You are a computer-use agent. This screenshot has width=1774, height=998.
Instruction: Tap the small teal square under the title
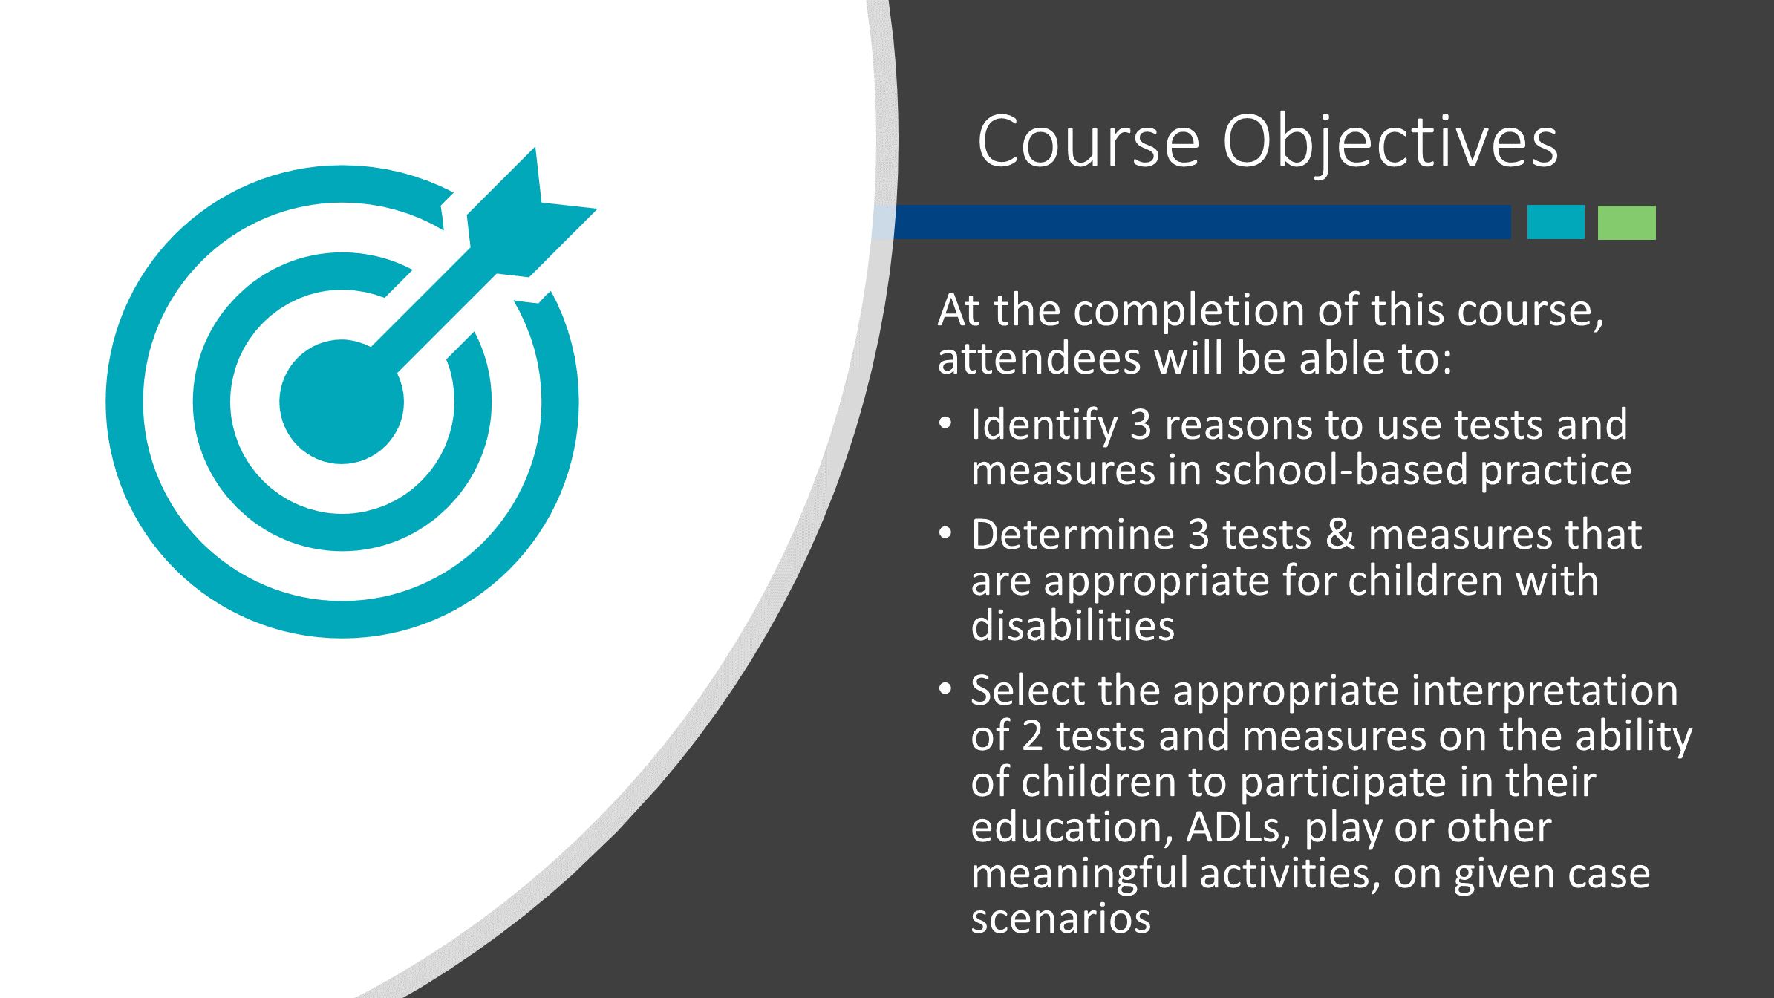(x=1556, y=222)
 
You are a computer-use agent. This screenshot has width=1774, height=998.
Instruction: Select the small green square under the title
(x=1626, y=222)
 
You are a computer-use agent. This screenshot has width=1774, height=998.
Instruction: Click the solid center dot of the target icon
(x=342, y=402)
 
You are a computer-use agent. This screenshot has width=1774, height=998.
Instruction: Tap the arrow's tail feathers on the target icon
(x=531, y=212)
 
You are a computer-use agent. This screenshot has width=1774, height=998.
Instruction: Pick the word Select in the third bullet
(x=1028, y=690)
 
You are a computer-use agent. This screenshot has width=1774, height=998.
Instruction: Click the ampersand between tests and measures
(x=1340, y=535)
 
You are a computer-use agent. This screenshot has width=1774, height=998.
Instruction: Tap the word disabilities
(x=1073, y=625)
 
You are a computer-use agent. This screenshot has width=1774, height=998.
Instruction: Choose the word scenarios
(x=1061, y=919)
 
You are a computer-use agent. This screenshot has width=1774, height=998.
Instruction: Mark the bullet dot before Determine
(x=945, y=533)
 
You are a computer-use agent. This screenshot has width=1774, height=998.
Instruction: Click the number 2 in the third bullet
(x=1032, y=736)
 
